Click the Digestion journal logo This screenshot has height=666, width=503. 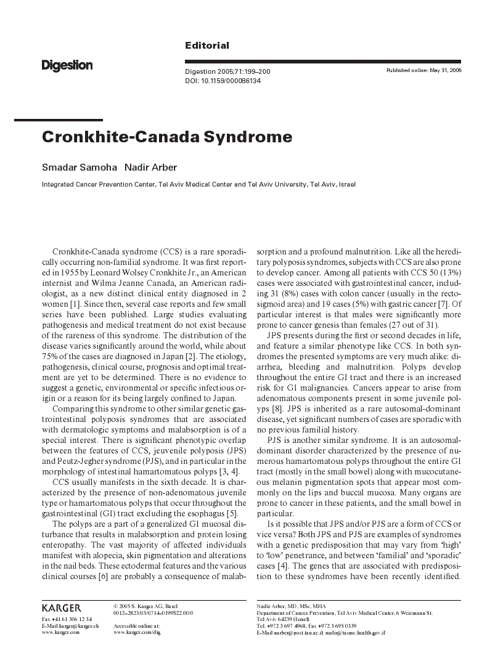click(67, 65)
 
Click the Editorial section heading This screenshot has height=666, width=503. click(207, 46)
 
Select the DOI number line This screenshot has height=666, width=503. click(223, 81)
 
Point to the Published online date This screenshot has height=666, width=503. click(423, 71)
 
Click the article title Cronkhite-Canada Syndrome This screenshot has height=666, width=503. click(166, 137)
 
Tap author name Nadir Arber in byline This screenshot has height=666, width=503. click(152, 168)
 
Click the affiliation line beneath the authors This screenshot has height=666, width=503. click(198, 184)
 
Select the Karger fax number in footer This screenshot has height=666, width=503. click(67, 619)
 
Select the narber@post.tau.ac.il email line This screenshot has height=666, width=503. click(321, 633)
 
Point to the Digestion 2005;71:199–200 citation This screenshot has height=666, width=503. click(227, 72)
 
